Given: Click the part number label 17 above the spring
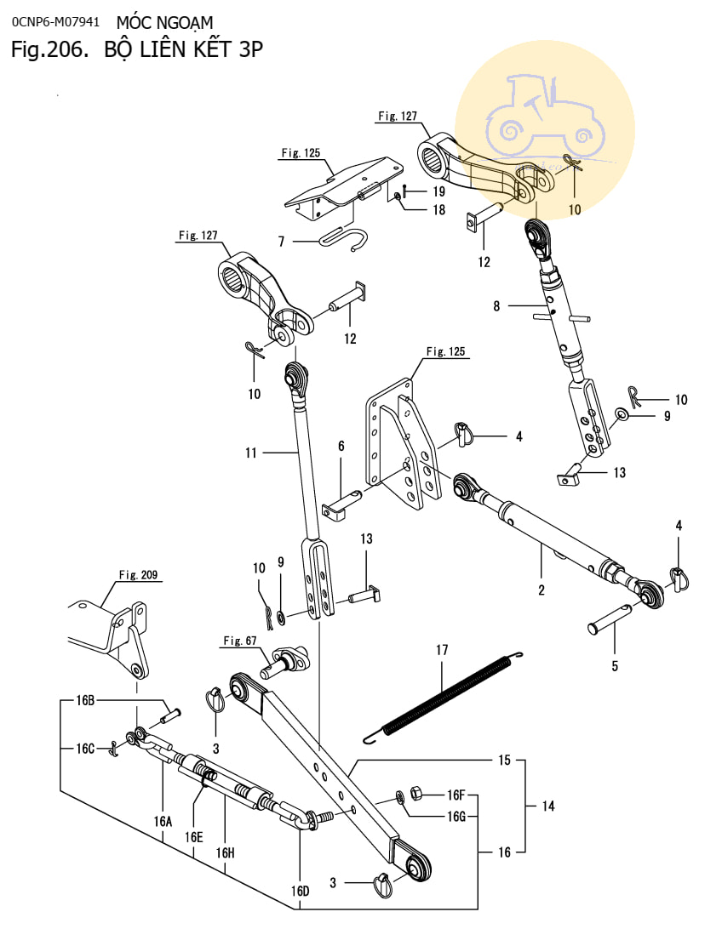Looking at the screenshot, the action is coord(442,650).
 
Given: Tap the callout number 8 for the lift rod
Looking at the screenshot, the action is coord(496,306).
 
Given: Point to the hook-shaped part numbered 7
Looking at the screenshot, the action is coord(342,240).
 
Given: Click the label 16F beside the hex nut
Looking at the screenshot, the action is coord(456,795).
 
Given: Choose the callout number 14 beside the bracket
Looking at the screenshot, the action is coord(547,806).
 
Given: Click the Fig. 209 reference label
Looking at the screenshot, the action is coord(138,574).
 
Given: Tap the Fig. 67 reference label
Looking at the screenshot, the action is coord(239,641).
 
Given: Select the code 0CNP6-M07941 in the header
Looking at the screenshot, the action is coord(55,22).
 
